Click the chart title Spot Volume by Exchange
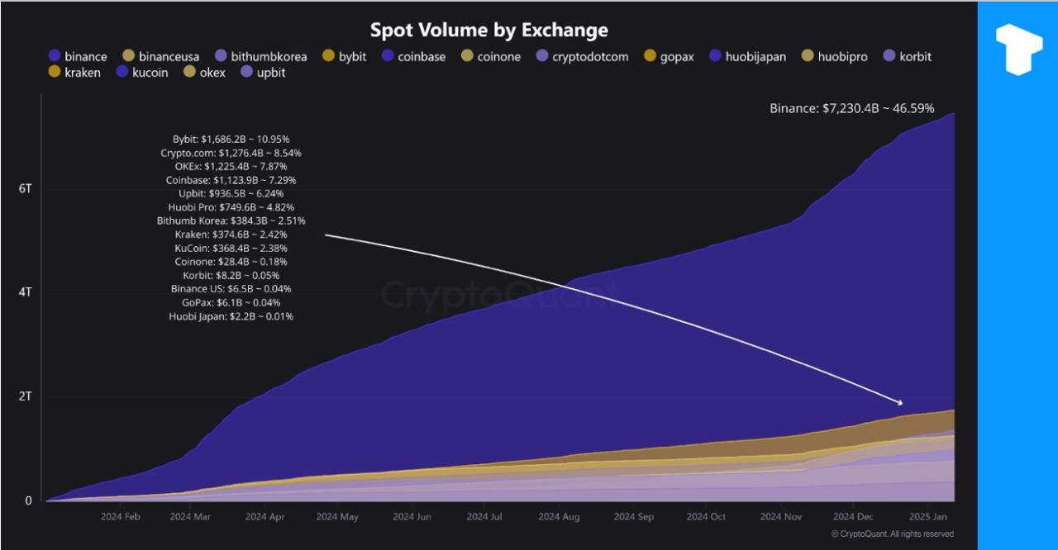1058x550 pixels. pyautogui.click(x=488, y=31)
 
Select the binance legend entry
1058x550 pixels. pyautogui.click(x=78, y=56)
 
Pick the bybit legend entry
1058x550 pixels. pyautogui.click(x=345, y=56)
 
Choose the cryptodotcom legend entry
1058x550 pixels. pyautogui.click(x=582, y=56)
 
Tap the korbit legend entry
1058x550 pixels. pyautogui.click(x=907, y=56)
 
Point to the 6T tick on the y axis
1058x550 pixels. pyautogui.click(x=26, y=189)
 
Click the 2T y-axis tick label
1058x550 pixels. pyautogui.click(x=26, y=396)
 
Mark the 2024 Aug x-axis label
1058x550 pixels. pyautogui.click(x=559, y=517)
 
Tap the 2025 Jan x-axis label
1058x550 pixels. pyautogui.click(x=928, y=517)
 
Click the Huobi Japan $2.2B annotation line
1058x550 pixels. pyautogui.click(x=231, y=316)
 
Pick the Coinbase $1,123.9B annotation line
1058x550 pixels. pyautogui.click(x=231, y=180)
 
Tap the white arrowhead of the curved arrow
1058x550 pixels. pyautogui.click(x=899, y=402)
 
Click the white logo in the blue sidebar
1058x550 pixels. pyautogui.click(x=1018, y=49)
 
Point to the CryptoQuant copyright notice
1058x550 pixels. pyautogui.click(x=892, y=534)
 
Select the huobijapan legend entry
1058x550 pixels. pyautogui.click(x=747, y=56)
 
